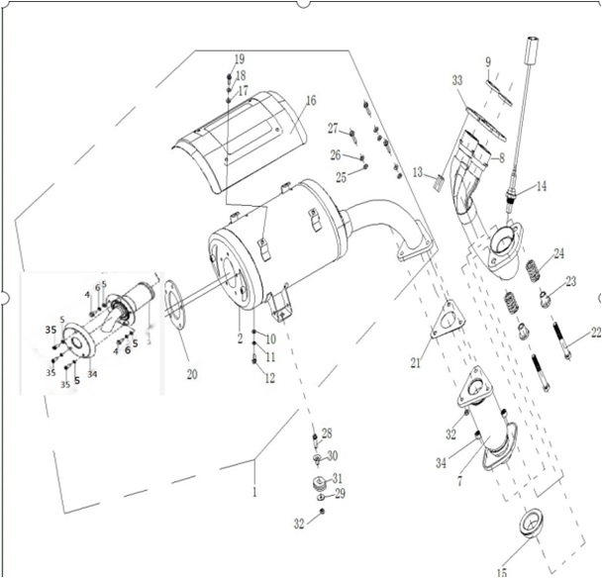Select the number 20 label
pos(192,374)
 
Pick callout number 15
pos(503,570)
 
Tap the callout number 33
pos(457,79)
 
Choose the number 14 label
pos(542,186)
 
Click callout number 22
pos(595,334)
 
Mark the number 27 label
pos(333,129)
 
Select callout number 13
pos(419,172)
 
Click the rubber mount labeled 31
pos(320,483)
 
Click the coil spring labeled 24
pos(532,267)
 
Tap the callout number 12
pos(270,378)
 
